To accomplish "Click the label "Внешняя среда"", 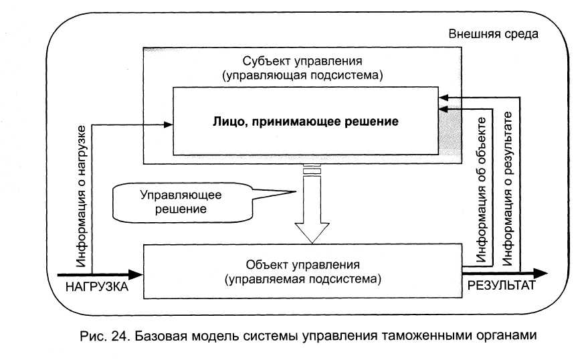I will click(x=493, y=33).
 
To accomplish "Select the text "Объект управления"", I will click(x=303, y=263).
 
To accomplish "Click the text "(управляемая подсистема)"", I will click(x=303, y=276).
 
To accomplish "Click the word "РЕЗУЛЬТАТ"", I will click(x=501, y=286).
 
